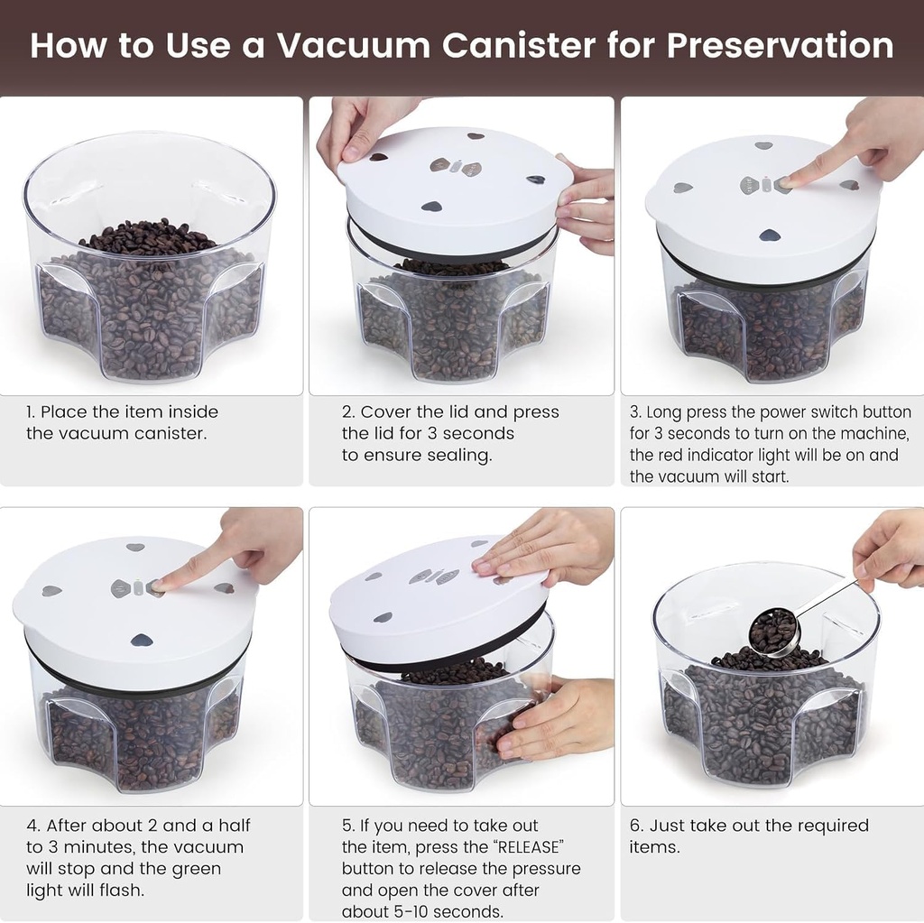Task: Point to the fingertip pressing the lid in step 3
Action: point(788,181)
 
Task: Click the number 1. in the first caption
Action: point(31,412)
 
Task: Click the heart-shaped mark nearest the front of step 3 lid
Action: point(769,235)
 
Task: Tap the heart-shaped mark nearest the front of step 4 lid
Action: point(141,641)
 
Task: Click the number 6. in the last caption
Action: point(636,826)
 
